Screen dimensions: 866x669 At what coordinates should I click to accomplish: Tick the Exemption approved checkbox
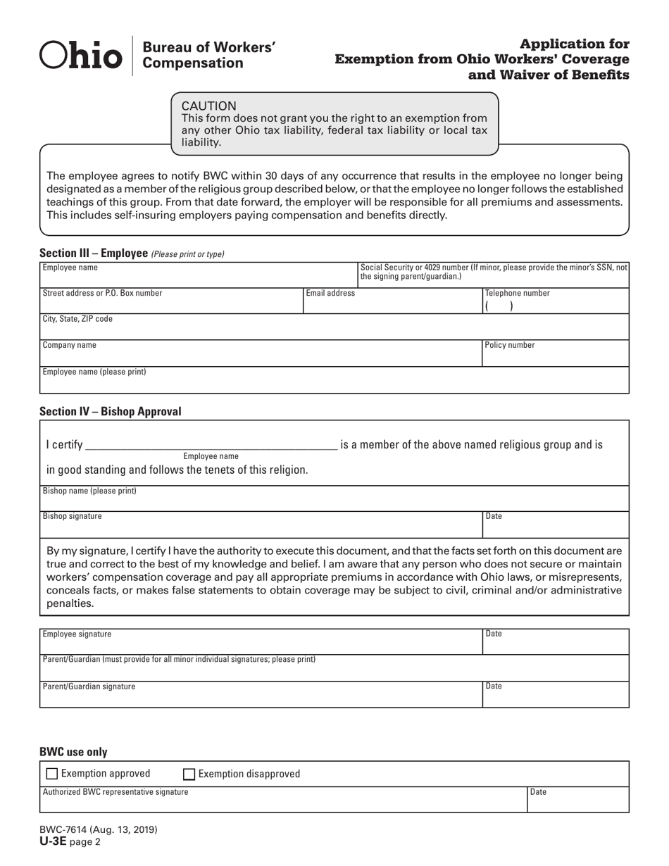point(52,774)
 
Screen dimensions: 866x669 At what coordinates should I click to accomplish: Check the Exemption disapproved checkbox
point(189,774)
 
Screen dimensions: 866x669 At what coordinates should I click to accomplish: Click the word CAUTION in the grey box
point(209,106)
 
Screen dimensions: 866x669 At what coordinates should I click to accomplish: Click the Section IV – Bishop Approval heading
point(111,411)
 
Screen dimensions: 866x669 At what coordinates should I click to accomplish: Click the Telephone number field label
point(518,294)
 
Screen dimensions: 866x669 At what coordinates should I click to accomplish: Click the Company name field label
point(70,346)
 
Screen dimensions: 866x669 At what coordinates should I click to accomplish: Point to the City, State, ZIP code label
point(77,319)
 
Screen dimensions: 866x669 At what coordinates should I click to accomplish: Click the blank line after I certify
point(211,446)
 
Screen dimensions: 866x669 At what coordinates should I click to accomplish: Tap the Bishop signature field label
point(73,516)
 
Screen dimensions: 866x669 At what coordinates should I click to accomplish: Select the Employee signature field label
point(77,634)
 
